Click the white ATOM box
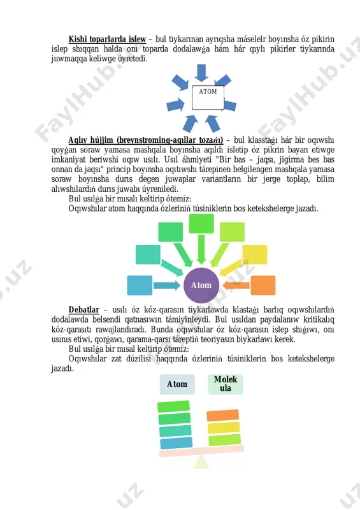208,98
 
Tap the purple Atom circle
201,285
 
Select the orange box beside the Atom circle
263,285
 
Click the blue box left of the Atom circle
140,285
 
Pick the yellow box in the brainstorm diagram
255,254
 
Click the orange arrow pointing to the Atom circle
236,285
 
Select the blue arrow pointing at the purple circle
166,285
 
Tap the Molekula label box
226,384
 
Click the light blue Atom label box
177,384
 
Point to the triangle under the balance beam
201,462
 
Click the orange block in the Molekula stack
223,416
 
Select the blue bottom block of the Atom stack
176,443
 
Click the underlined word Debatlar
84,309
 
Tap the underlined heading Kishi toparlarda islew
107,39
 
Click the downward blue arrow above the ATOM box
201,73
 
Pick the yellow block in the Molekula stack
224,427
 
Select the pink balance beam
201,451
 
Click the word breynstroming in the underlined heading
139,140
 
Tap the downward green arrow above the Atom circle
201,249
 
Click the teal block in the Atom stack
176,431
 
